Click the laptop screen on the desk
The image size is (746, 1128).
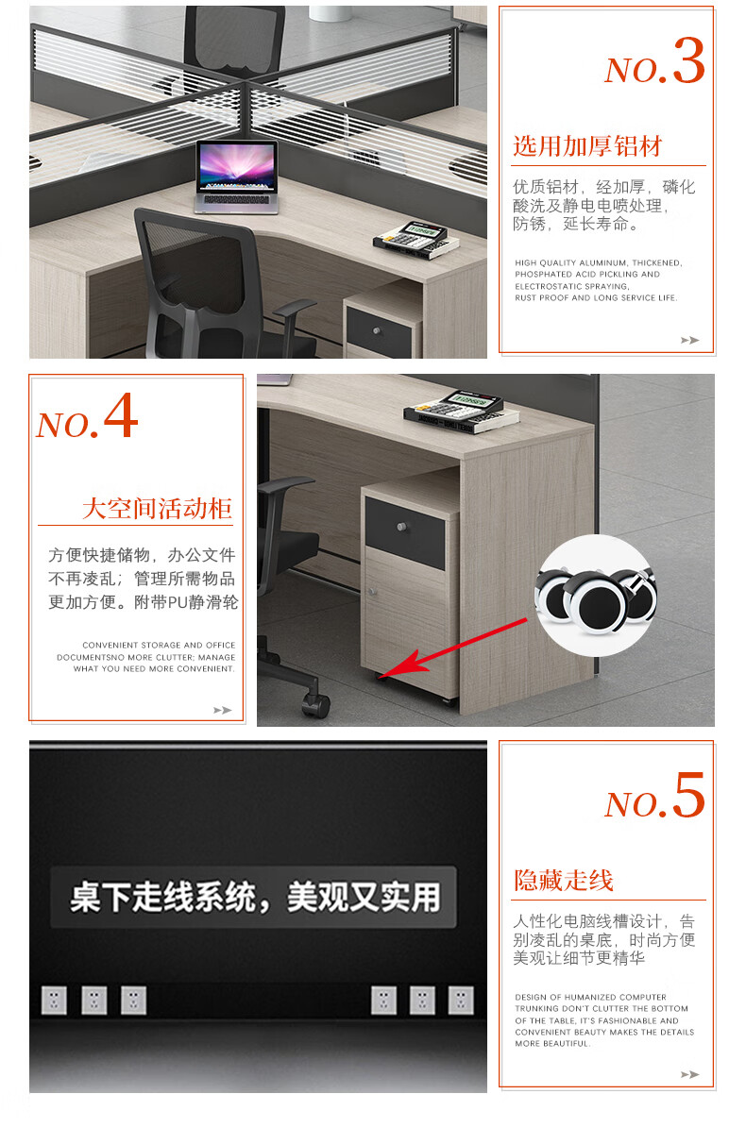[x=237, y=167]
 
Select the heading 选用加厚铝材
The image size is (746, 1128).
[x=587, y=146]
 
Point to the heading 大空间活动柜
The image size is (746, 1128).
[x=157, y=509]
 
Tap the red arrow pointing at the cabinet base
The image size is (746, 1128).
[x=453, y=648]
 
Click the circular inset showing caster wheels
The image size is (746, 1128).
[x=596, y=596]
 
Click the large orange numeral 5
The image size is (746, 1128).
[x=688, y=795]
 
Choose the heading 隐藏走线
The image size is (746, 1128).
[x=563, y=880]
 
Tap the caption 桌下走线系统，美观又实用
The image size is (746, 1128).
[x=255, y=897]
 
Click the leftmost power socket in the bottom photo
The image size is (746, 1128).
[x=55, y=1000]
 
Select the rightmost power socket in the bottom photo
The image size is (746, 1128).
[x=461, y=1000]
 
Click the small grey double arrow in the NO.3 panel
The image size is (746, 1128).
[x=689, y=340]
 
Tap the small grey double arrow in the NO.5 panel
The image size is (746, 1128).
[x=689, y=1075]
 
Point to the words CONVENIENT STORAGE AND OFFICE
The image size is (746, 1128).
[x=159, y=646]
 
